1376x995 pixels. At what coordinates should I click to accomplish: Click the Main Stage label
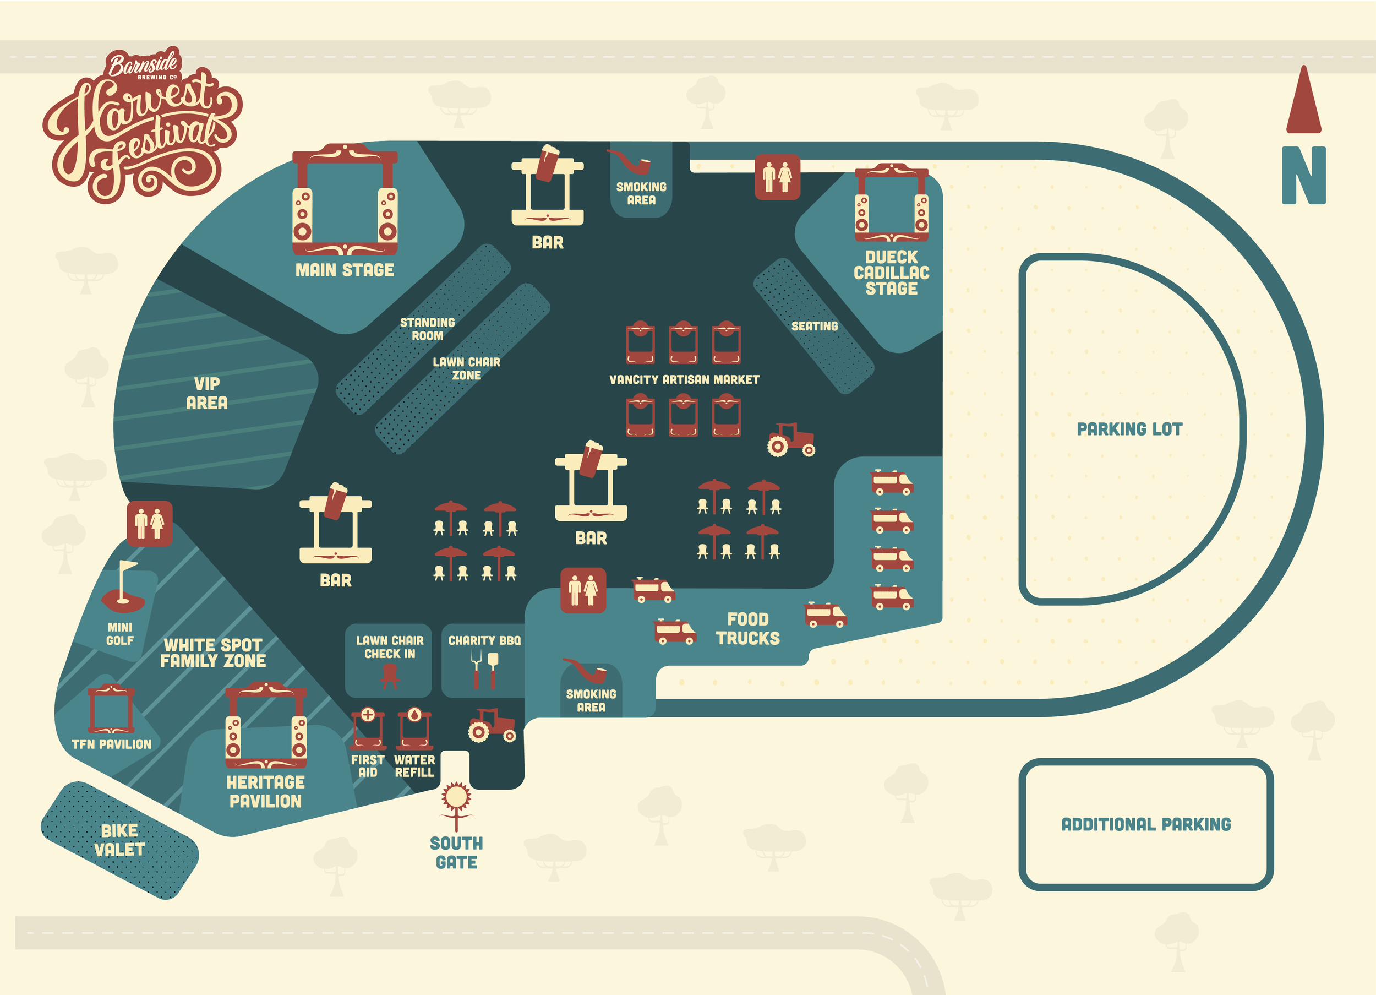pyautogui.click(x=345, y=270)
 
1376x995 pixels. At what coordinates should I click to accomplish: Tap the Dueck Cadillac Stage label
pyautogui.click(x=891, y=273)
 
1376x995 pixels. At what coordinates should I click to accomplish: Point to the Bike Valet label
pyautogui.click(x=119, y=840)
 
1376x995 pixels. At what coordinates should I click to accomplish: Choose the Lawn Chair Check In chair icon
pyautogui.click(x=390, y=675)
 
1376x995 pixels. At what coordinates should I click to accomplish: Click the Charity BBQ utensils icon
pyautogui.click(x=485, y=670)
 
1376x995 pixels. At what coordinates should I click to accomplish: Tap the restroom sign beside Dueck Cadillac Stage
pyautogui.click(x=777, y=177)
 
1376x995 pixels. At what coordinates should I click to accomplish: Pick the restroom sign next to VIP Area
pyautogui.click(x=150, y=524)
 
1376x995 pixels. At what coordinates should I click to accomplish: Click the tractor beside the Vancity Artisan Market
pyautogui.click(x=790, y=439)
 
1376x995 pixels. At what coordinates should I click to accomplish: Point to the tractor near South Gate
pyautogui.click(x=492, y=725)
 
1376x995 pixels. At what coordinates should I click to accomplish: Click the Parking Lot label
pyautogui.click(x=1129, y=429)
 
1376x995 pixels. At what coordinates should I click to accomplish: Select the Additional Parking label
pyautogui.click(x=1146, y=824)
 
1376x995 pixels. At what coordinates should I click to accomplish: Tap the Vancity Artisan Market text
pyautogui.click(x=684, y=380)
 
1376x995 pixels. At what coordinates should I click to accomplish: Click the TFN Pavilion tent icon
pyautogui.click(x=112, y=709)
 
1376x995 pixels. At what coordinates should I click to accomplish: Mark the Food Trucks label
pyautogui.click(x=747, y=629)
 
